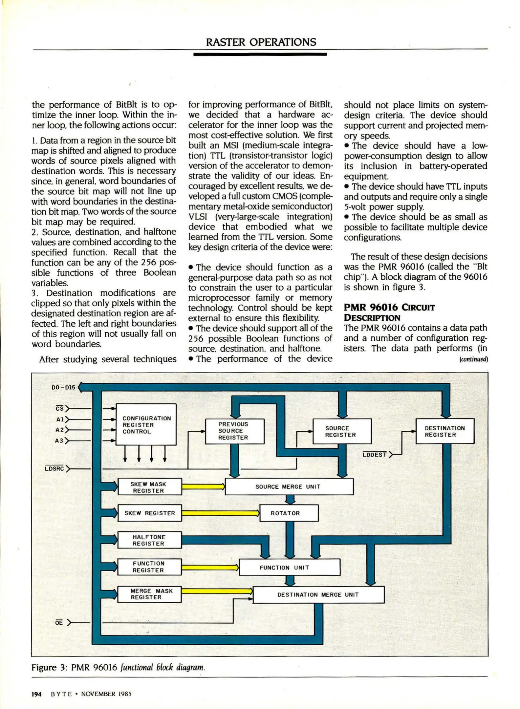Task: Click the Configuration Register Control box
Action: point(146,424)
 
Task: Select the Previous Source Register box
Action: point(234,431)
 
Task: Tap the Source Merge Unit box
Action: point(289,486)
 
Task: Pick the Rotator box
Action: point(289,513)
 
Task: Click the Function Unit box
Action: point(289,568)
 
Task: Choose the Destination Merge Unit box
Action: point(318,594)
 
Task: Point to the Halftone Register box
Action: point(149,540)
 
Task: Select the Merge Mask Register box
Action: point(149,594)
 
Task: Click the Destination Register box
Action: point(444,431)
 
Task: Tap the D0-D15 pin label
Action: point(63,387)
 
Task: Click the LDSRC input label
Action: point(54,468)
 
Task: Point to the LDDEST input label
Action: point(375,455)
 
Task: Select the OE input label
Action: point(59,622)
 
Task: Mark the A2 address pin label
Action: point(60,430)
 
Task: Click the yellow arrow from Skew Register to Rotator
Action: point(220,513)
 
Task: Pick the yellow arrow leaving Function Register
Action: point(210,567)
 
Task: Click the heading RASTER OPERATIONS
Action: point(261,42)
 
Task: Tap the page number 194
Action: point(36,694)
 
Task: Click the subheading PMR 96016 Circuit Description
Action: point(389,312)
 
